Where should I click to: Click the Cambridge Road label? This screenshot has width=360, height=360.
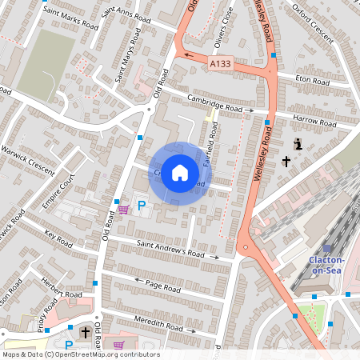(x=214, y=106)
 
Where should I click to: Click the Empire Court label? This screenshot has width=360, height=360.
(x=58, y=192)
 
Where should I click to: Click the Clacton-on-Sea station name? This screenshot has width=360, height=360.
(x=326, y=265)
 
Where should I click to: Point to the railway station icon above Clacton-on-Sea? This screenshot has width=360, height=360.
(x=326, y=248)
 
